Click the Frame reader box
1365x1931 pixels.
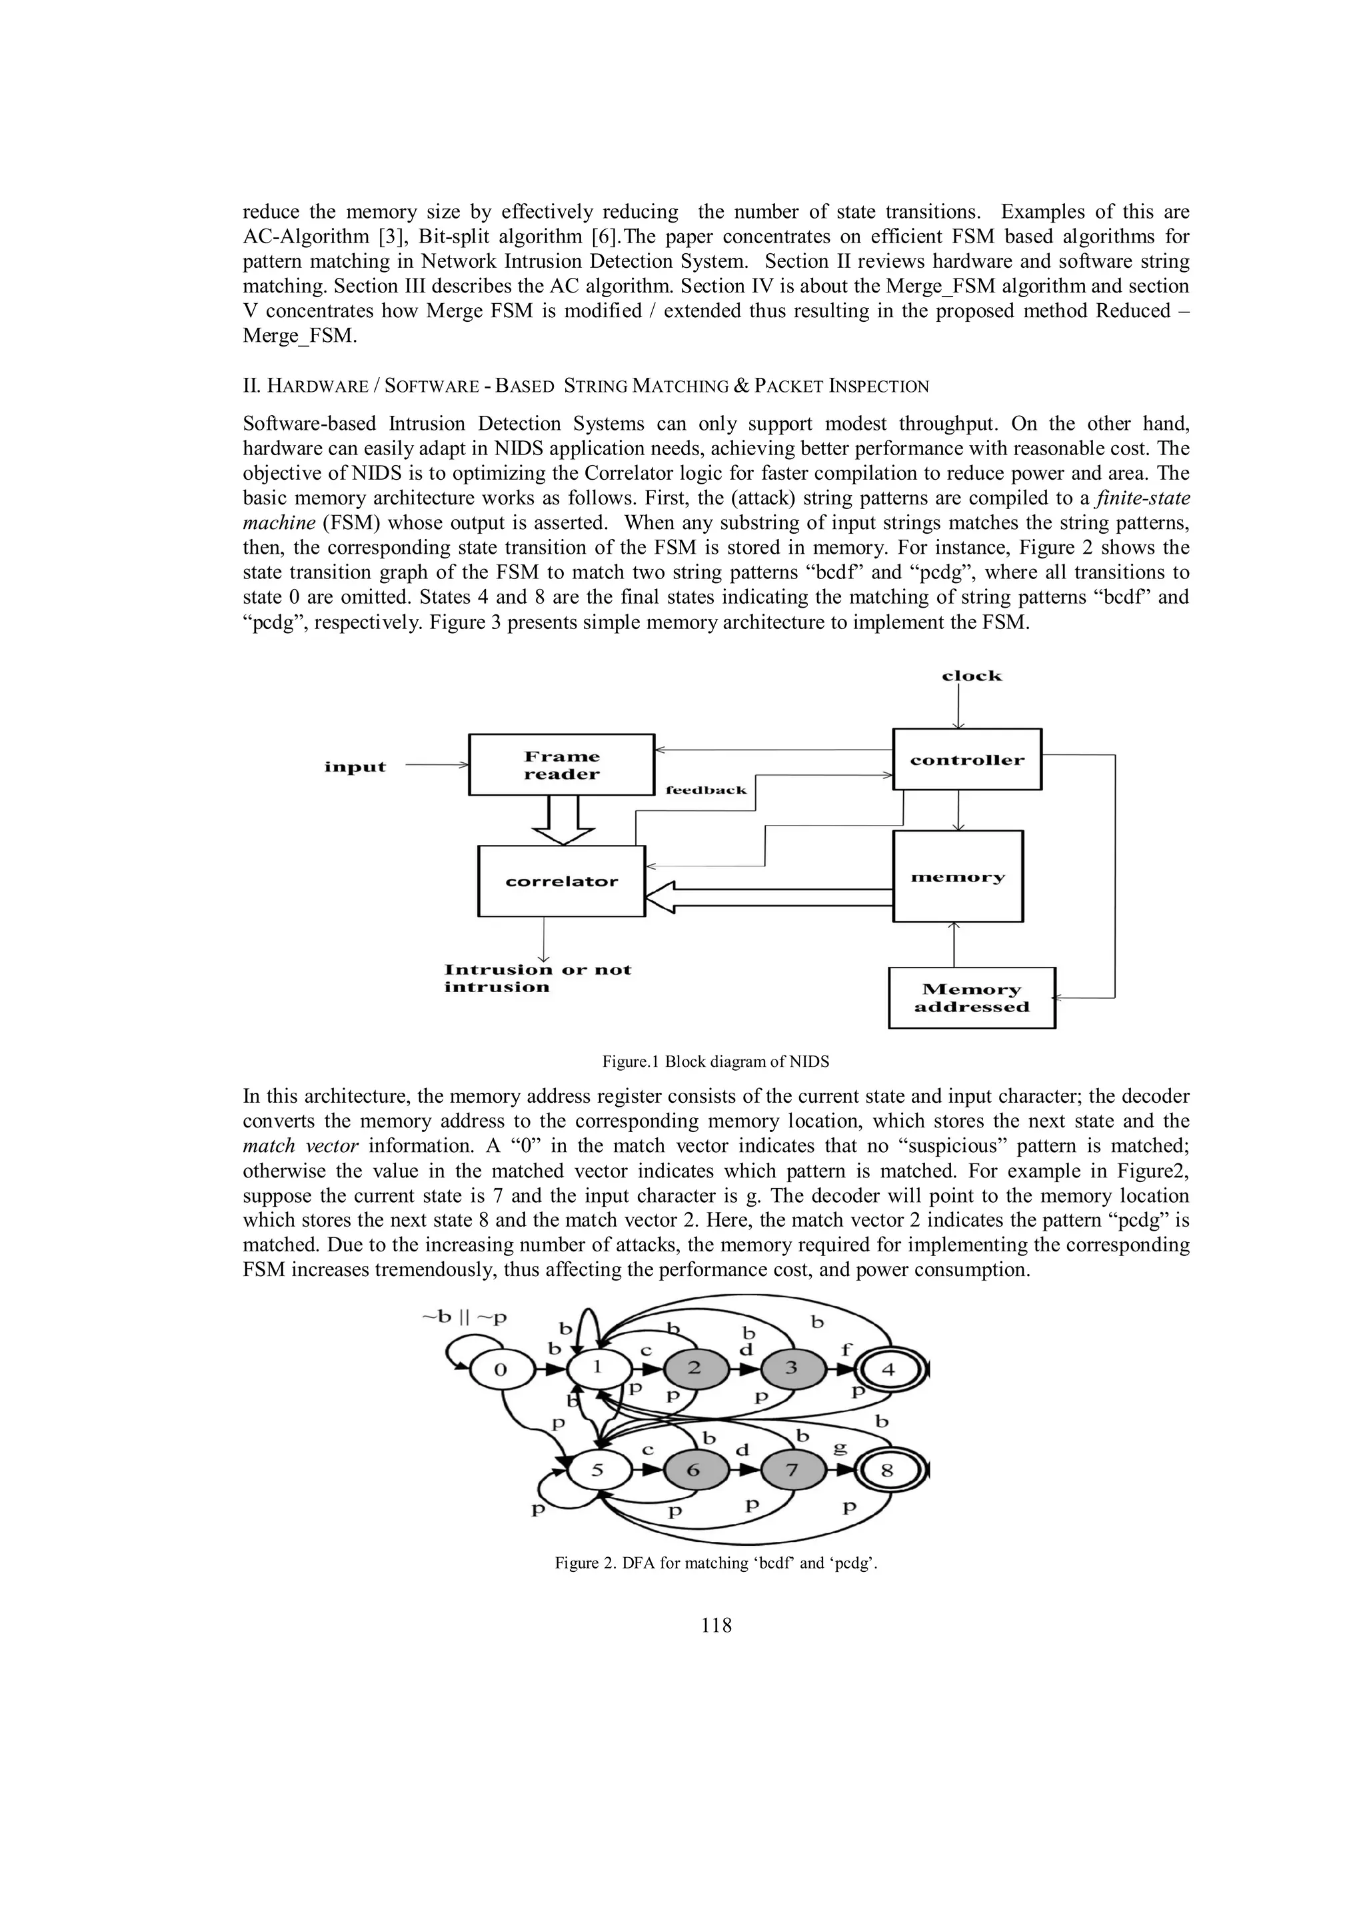[x=561, y=764]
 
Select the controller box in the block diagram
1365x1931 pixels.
[x=966, y=760]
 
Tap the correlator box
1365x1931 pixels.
[x=561, y=882]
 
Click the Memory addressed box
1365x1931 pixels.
[x=971, y=998]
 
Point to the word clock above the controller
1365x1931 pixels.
[x=971, y=676]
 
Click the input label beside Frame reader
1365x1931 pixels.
[x=355, y=767]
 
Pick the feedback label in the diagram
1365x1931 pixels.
[x=706, y=790]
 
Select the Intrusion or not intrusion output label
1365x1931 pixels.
[x=537, y=978]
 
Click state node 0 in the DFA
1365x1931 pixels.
[x=501, y=1369]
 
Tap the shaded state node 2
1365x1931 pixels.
[x=694, y=1367]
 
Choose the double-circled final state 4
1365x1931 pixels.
[x=888, y=1369]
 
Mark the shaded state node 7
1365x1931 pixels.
[x=791, y=1470]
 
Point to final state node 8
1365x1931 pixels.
[x=887, y=1471]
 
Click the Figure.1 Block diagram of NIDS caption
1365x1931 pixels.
[x=715, y=1061]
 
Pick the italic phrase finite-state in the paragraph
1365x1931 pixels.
[x=1140, y=498]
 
